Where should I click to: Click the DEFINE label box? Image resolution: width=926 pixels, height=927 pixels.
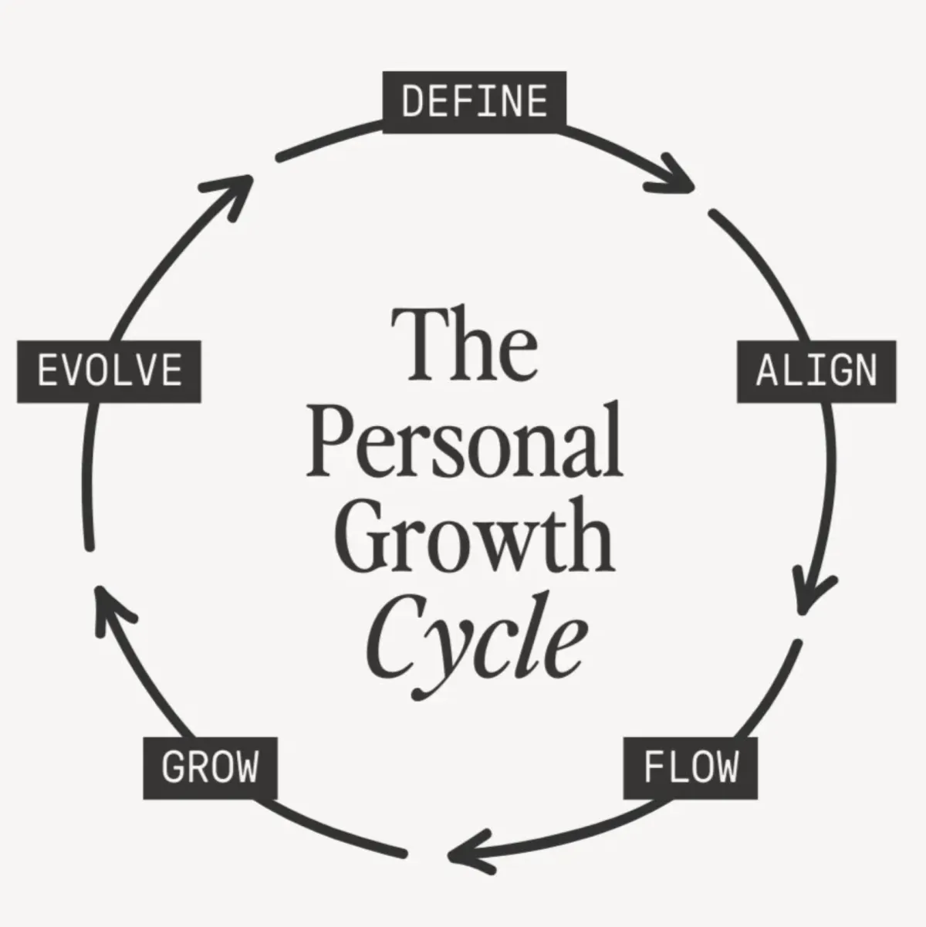pyautogui.click(x=475, y=102)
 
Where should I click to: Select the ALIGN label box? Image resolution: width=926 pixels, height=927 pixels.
pyautogui.click(x=816, y=371)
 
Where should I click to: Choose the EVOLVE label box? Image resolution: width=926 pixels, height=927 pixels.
pyautogui.click(x=110, y=371)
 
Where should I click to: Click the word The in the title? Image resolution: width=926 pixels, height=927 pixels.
pyautogui.click(x=465, y=344)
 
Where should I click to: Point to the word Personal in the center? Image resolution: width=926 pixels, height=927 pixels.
pyautogui.click(x=465, y=440)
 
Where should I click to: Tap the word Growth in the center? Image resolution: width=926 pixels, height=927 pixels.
pyautogui.click(x=475, y=535)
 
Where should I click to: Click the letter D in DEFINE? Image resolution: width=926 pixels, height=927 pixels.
pyautogui.click(x=413, y=102)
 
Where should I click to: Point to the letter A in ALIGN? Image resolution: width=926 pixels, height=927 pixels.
pyautogui.click(x=767, y=371)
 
